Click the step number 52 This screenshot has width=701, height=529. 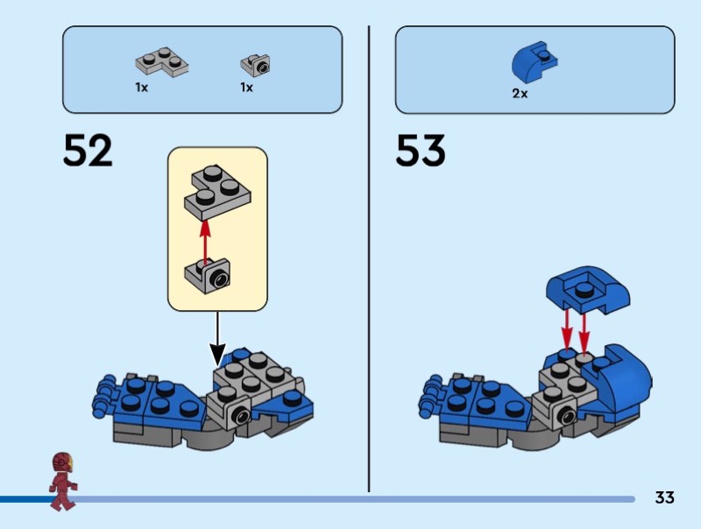click(88, 150)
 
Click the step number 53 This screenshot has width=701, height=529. click(421, 150)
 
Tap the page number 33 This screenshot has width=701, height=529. click(664, 497)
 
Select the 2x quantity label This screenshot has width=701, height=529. click(520, 94)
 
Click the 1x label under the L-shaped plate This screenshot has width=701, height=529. click(141, 87)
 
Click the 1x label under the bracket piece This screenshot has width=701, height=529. click(246, 87)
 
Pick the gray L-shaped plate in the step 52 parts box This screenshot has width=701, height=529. click(162, 61)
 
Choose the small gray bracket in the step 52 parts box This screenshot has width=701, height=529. click(255, 65)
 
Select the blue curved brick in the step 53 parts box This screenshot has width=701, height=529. click(535, 62)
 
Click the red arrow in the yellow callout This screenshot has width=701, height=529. click(205, 241)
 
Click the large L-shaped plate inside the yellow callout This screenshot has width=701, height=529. click(217, 192)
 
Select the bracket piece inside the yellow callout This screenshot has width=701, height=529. click(208, 276)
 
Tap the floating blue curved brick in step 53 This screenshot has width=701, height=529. click(587, 291)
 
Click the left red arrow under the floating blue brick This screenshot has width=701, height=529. click(567, 329)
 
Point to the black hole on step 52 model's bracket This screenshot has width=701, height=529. click(241, 416)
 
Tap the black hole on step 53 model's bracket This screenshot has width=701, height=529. click(566, 416)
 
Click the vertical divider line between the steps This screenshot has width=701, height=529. click(369, 259)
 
